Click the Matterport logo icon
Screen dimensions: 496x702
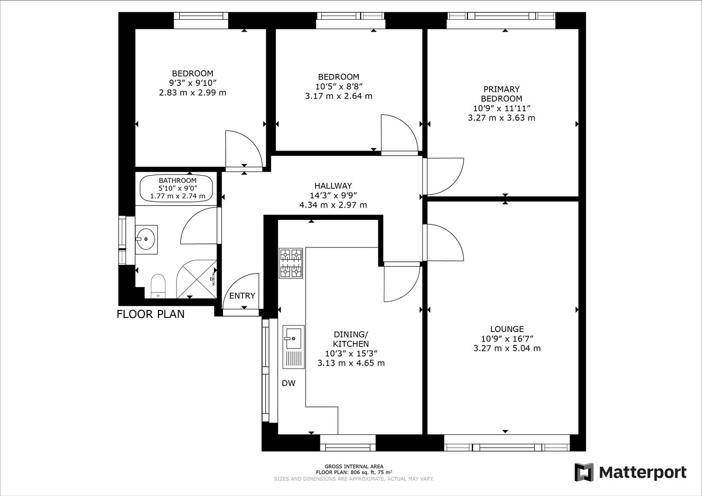click(x=584, y=472)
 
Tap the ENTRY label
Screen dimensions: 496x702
click(x=242, y=296)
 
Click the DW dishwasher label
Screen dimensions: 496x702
click(x=288, y=383)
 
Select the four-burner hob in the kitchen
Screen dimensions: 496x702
click(x=291, y=264)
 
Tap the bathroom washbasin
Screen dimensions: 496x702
click(x=147, y=239)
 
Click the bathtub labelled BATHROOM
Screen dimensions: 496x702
click(x=177, y=189)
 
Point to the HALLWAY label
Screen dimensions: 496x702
click(x=333, y=186)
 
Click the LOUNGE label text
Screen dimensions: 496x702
click(x=507, y=329)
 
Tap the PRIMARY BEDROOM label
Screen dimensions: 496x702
click(x=501, y=94)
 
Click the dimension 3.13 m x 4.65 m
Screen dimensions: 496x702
click(x=351, y=363)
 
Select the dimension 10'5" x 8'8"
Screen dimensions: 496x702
click(x=338, y=86)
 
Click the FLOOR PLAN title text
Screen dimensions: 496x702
click(x=150, y=314)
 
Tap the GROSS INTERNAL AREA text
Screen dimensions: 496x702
click(x=354, y=467)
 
